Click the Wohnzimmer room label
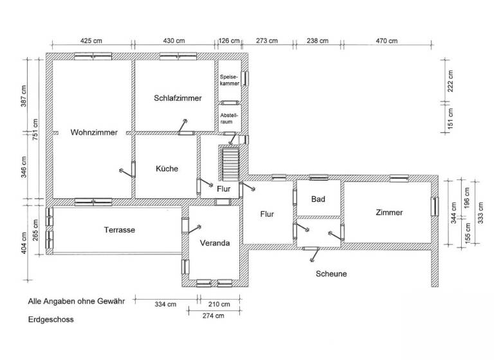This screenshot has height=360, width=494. click(x=94, y=133)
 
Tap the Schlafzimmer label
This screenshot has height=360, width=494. click(x=178, y=98)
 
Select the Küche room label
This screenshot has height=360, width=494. click(x=167, y=168)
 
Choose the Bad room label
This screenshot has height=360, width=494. click(x=318, y=199)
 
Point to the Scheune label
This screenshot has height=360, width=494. click(x=331, y=274)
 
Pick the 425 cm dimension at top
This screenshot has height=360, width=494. click(x=91, y=40)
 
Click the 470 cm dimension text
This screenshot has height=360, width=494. click(x=386, y=40)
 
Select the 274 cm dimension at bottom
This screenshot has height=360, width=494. click(x=213, y=316)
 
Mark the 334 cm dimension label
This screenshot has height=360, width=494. click(x=165, y=304)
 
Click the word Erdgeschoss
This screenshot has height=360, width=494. click(x=51, y=319)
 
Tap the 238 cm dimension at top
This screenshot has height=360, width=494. click(x=317, y=40)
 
